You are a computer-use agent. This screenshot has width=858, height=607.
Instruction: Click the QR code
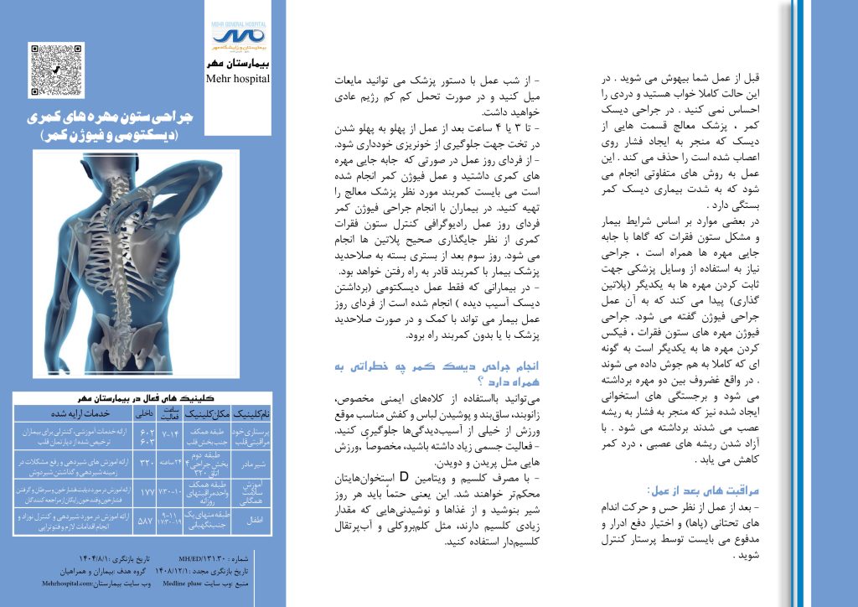pyautogui.click(x=56, y=70)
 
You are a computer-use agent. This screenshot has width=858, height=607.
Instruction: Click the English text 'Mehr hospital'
pyautogui.click(x=238, y=79)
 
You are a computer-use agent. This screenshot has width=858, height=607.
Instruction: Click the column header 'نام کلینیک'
pyautogui.click(x=252, y=413)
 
